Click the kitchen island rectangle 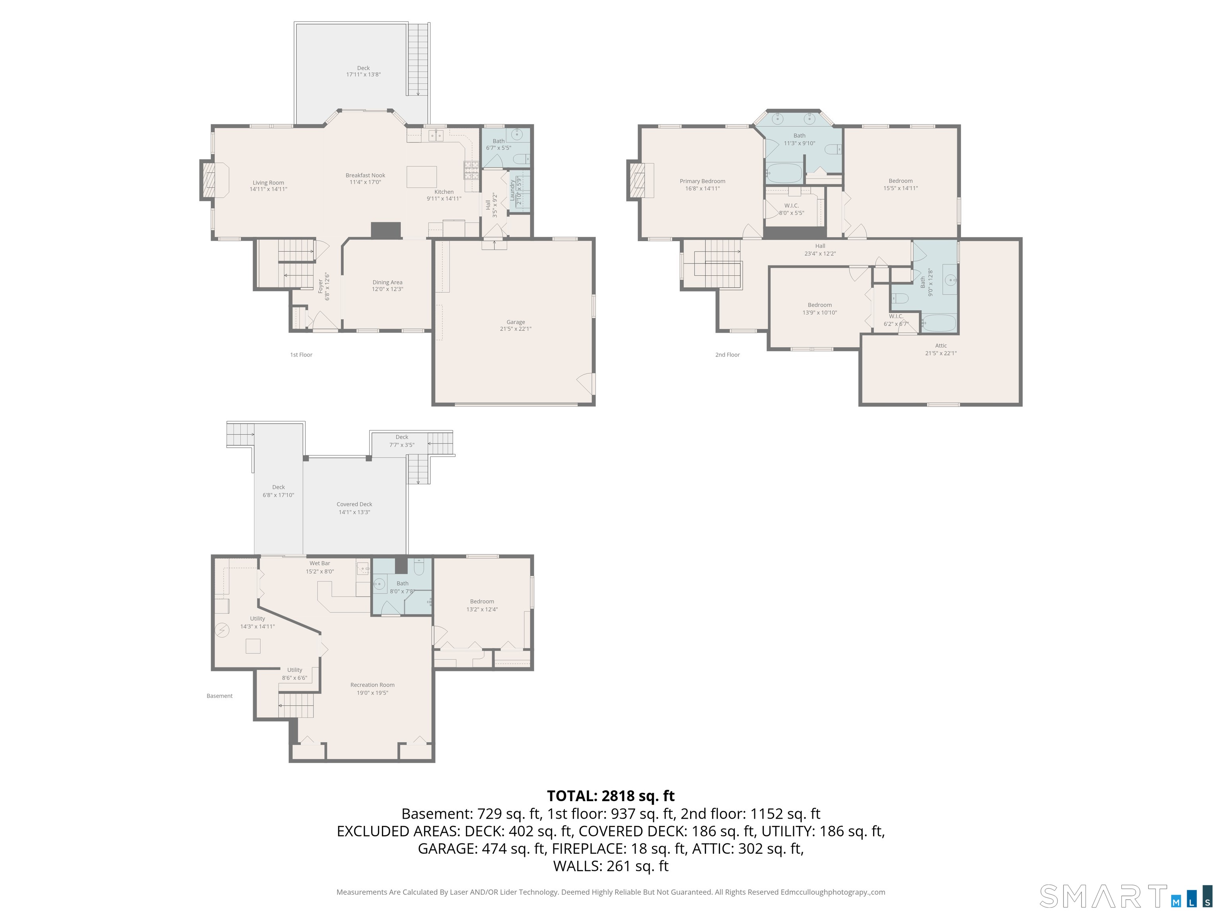click(x=422, y=177)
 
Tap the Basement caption click(x=219, y=696)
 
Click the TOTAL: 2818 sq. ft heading click(x=611, y=796)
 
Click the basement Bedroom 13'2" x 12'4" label click(x=482, y=605)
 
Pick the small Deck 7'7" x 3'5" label click(x=402, y=441)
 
